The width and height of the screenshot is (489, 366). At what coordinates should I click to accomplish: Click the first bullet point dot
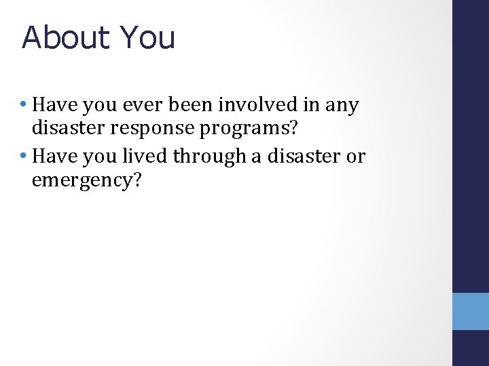(x=24, y=106)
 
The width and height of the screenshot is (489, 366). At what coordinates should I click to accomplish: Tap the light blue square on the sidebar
(x=471, y=311)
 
